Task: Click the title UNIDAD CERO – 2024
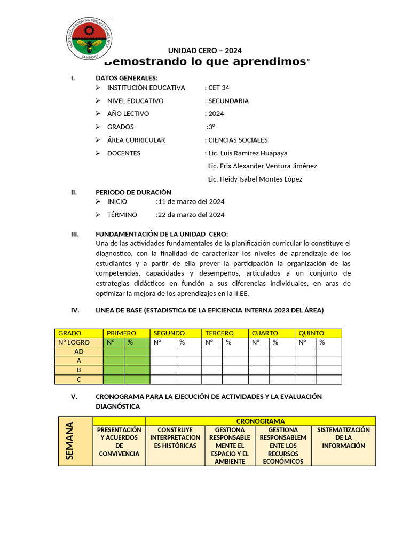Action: (205, 51)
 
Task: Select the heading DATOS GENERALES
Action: (127, 78)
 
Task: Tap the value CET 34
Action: (218, 88)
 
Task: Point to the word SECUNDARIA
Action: (228, 100)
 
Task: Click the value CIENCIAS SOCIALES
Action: (238, 140)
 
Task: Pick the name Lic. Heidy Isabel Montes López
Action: (255, 179)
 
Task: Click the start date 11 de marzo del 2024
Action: (191, 201)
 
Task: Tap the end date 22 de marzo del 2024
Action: (191, 215)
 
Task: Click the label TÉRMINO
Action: (122, 215)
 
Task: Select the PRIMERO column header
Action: (121, 333)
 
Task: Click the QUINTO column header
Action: (311, 333)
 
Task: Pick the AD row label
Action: (79, 351)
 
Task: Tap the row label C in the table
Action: (79, 379)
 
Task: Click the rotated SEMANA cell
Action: (75, 441)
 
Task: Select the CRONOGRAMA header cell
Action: (261, 421)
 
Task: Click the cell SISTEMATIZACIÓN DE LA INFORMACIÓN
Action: (343, 437)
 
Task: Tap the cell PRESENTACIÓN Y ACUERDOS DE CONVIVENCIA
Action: (119, 442)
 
